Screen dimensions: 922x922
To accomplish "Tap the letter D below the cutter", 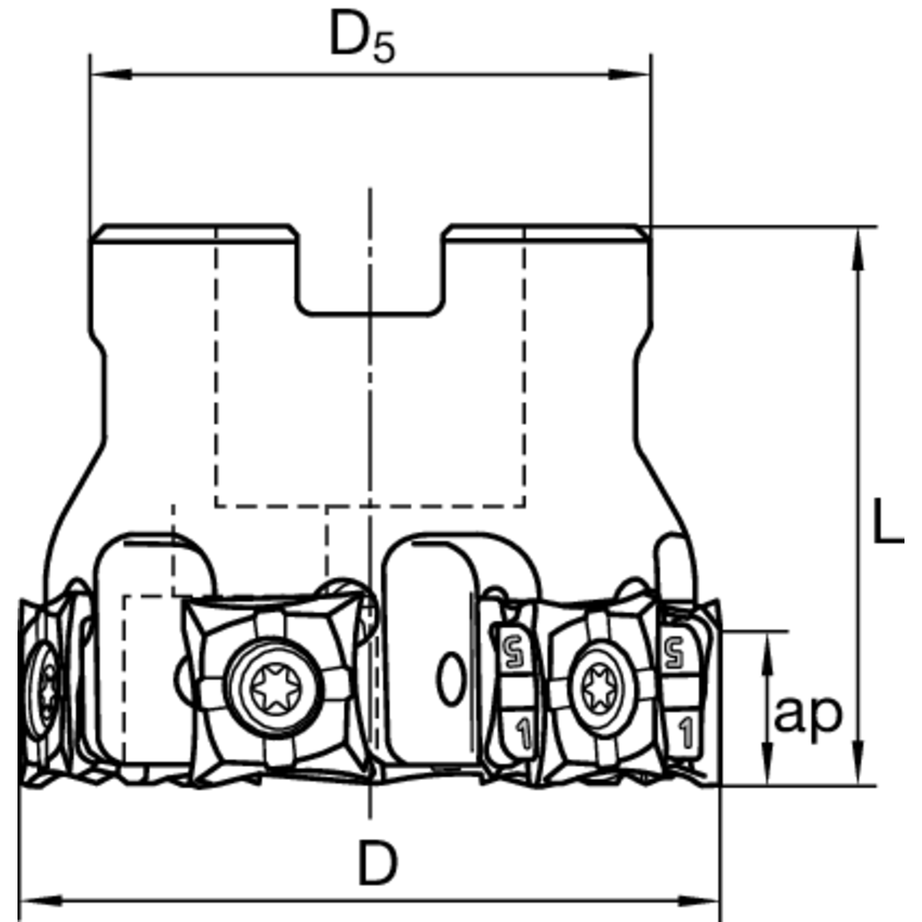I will tap(376, 864).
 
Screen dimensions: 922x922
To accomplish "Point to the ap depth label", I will tap(809, 714).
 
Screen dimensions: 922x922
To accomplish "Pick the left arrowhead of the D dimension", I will tap(33, 898).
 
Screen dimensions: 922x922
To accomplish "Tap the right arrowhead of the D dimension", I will tap(706, 898).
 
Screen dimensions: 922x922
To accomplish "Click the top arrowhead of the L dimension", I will tap(858, 242).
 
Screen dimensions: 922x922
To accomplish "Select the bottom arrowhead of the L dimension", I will tap(858, 771).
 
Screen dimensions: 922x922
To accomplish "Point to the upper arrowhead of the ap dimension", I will tap(767, 646).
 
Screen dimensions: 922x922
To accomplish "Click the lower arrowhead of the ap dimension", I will tap(767, 771).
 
